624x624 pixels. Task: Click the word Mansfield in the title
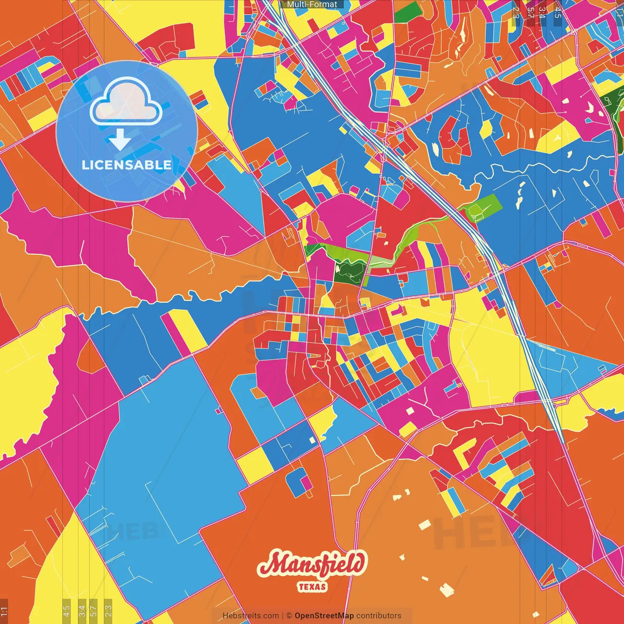click(312, 565)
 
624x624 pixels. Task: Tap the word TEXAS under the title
click(312, 586)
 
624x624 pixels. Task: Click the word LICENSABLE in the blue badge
click(127, 165)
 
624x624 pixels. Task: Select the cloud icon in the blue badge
click(126, 102)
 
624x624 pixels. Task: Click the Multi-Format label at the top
click(312, 4)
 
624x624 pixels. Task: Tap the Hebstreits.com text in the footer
click(251, 616)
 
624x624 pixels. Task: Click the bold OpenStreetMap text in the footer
click(324, 616)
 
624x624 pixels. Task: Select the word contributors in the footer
click(379, 616)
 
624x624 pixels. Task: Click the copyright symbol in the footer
click(289, 616)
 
